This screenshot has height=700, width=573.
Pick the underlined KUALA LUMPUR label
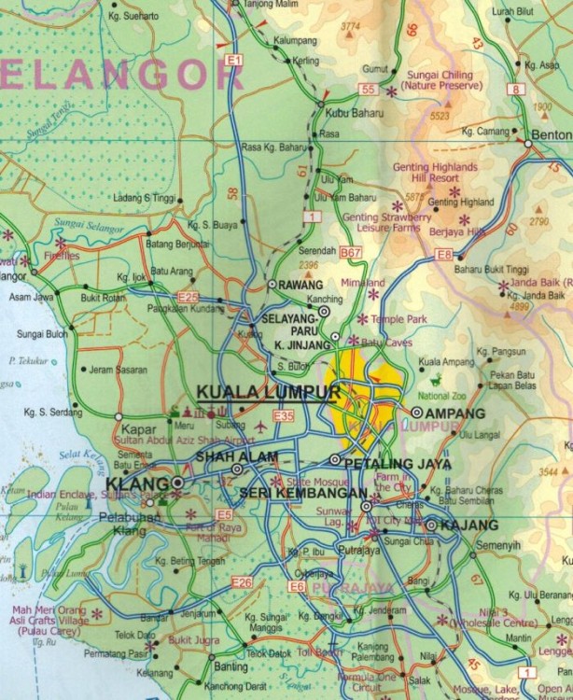pos(269,392)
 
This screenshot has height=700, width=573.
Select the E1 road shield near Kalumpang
pos(233,61)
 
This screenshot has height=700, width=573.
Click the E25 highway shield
pos(189,297)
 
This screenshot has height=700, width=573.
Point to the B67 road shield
pos(350,253)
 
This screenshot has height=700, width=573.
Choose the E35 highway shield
pos(284,416)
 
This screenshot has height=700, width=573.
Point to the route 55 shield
pos(368,90)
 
